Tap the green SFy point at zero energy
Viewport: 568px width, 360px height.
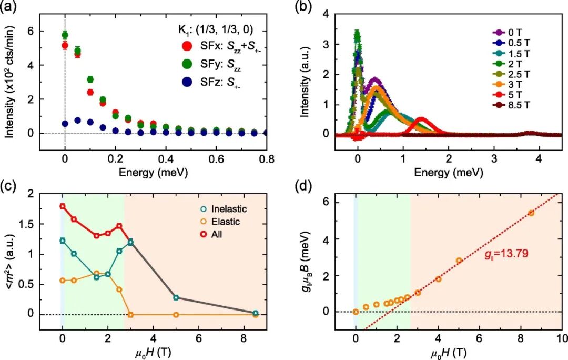point(65,35)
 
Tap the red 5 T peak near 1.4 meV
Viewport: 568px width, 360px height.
point(421,121)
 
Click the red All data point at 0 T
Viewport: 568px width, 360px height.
point(63,206)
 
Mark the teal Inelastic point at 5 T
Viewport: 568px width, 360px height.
point(176,297)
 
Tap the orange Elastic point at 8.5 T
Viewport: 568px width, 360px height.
point(256,315)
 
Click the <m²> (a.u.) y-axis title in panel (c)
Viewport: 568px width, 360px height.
point(12,262)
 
